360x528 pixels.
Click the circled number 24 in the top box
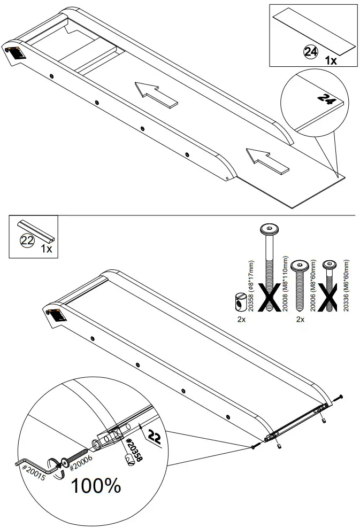tap(311, 52)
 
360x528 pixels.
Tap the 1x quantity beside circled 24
tap(331, 60)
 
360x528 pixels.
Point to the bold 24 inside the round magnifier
tap(326, 99)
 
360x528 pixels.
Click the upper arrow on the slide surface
tap(156, 95)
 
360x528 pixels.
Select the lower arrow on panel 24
tap(267, 161)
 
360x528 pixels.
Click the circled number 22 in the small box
tap(28, 240)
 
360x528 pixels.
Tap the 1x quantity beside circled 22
tap(47, 249)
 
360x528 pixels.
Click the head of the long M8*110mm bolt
tap(269, 230)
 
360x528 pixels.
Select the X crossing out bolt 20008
tap(269, 297)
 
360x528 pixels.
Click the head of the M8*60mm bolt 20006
tap(300, 266)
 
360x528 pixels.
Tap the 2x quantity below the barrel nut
tap(241, 319)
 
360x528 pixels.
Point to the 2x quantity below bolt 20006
tap(300, 319)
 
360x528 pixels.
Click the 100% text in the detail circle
tap(96, 486)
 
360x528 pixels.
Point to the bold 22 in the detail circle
tap(155, 437)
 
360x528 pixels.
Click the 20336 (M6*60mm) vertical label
tap(346, 285)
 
